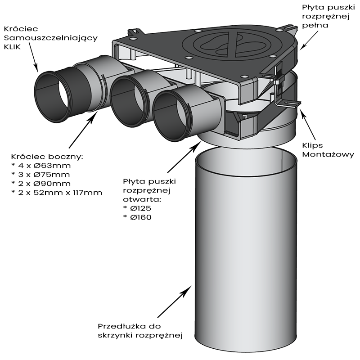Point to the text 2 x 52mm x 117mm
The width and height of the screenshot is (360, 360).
coord(56,193)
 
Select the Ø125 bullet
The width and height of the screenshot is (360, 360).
coord(137,208)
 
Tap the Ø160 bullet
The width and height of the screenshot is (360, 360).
coord(137,217)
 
